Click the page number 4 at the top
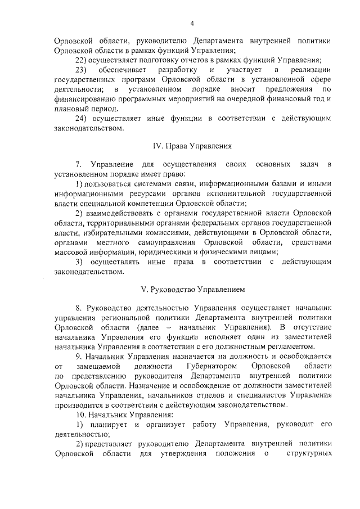[192, 23]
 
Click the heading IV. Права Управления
[192, 146]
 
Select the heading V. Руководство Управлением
[192, 289]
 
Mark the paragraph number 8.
[78, 308]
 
